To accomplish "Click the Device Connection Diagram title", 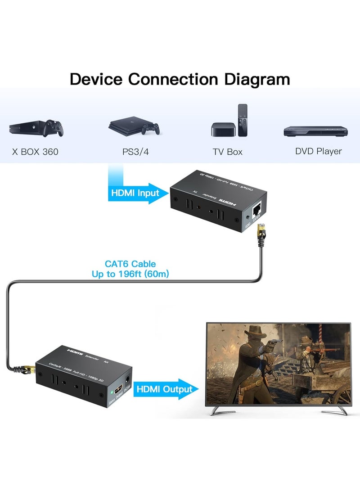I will pos(180,79).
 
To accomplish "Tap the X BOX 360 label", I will pos(35,152).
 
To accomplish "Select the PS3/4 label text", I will pos(135,152).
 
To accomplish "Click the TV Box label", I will pos(228,152).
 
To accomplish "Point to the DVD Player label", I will pos(318,151).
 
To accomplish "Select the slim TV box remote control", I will pos(243,120).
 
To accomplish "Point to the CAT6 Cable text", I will pos(130,264).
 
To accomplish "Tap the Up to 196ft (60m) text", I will pos(130,274).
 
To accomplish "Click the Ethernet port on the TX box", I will pos(258,208).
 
